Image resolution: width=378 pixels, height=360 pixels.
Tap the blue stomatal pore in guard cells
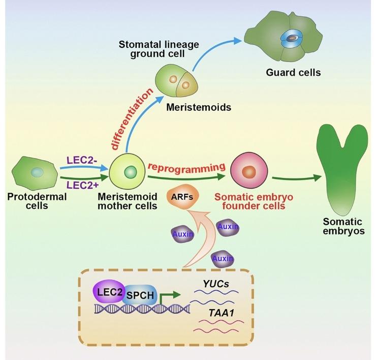pyautogui.click(x=292, y=39)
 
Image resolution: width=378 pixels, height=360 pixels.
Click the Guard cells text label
pyautogui.click(x=293, y=72)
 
